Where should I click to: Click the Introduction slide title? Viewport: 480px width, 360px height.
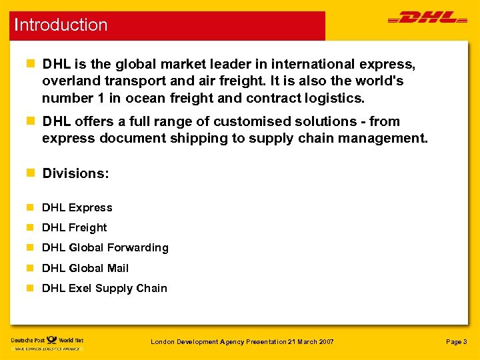(x=61, y=25)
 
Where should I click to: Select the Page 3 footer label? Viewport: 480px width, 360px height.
(x=456, y=342)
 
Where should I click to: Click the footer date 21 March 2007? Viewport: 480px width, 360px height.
(x=311, y=342)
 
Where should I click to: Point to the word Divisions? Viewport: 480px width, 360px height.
(x=75, y=173)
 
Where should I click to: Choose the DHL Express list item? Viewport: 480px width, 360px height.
(x=77, y=207)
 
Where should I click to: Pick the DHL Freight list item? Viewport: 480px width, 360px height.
(x=74, y=227)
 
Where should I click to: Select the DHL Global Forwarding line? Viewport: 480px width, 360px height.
(x=105, y=248)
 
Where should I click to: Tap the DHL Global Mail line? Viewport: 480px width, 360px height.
(x=85, y=268)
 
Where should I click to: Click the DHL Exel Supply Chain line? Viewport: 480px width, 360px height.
(x=104, y=288)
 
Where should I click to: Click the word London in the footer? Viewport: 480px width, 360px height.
(x=163, y=342)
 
